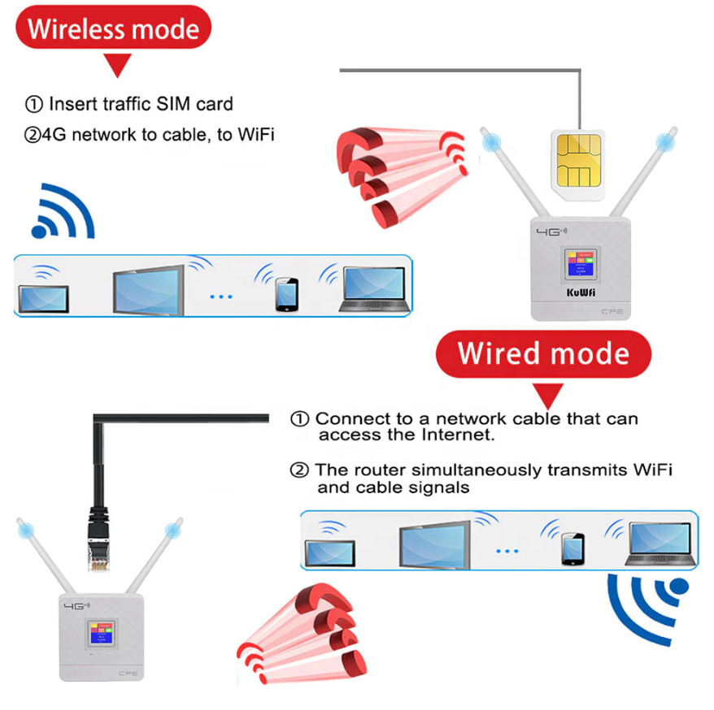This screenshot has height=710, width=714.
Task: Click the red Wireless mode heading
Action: click(114, 30)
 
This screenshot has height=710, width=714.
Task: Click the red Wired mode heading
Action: click(543, 353)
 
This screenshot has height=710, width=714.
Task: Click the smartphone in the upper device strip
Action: click(285, 295)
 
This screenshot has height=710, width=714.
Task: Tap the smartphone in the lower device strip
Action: click(572, 549)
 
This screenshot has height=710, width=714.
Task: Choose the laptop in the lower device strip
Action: click(660, 543)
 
